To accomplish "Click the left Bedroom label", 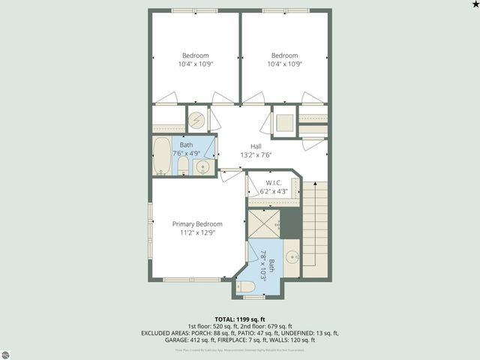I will coord(196,55).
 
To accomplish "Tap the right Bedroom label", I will coord(284,55).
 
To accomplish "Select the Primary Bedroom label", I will coord(197,224).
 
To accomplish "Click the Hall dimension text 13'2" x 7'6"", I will coord(256,155).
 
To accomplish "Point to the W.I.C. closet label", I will coord(273,182).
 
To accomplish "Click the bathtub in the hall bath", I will coord(162,156).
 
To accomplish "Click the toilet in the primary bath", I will coord(247,286).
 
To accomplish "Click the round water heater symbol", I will coord(196,119).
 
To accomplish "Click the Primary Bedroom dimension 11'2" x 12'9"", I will coord(197,233).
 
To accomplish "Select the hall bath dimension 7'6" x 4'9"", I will coord(189,153).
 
